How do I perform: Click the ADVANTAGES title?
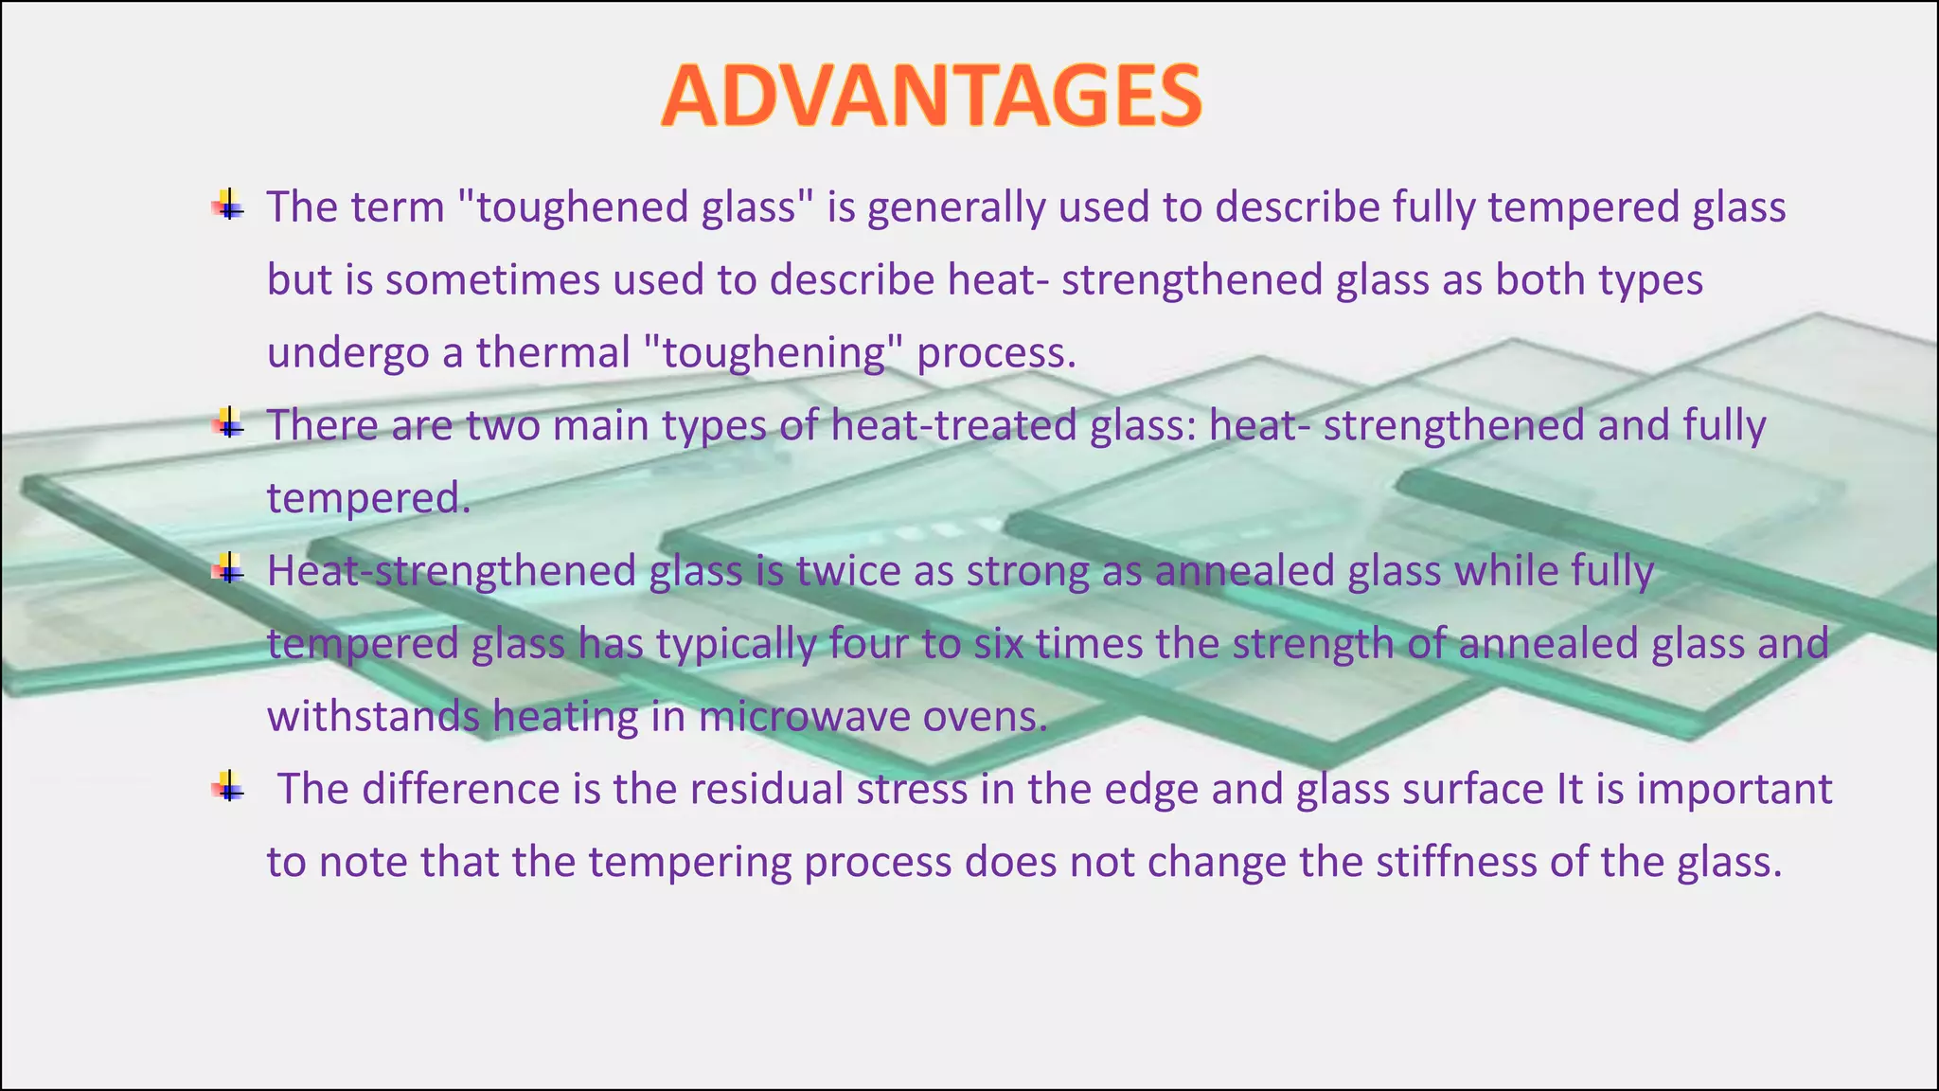pyautogui.click(x=932, y=96)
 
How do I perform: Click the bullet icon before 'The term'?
pyautogui.click(x=228, y=206)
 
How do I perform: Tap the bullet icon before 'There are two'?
pyautogui.click(x=228, y=423)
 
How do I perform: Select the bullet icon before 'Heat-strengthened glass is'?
pyautogui.click(x=228, y=569)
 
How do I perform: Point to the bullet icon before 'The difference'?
pyautogui.click(x=228, y=787)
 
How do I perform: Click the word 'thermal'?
pyautogui.click(x=553, y=352)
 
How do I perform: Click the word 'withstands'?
pyautogui.click(x=373, y=717)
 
